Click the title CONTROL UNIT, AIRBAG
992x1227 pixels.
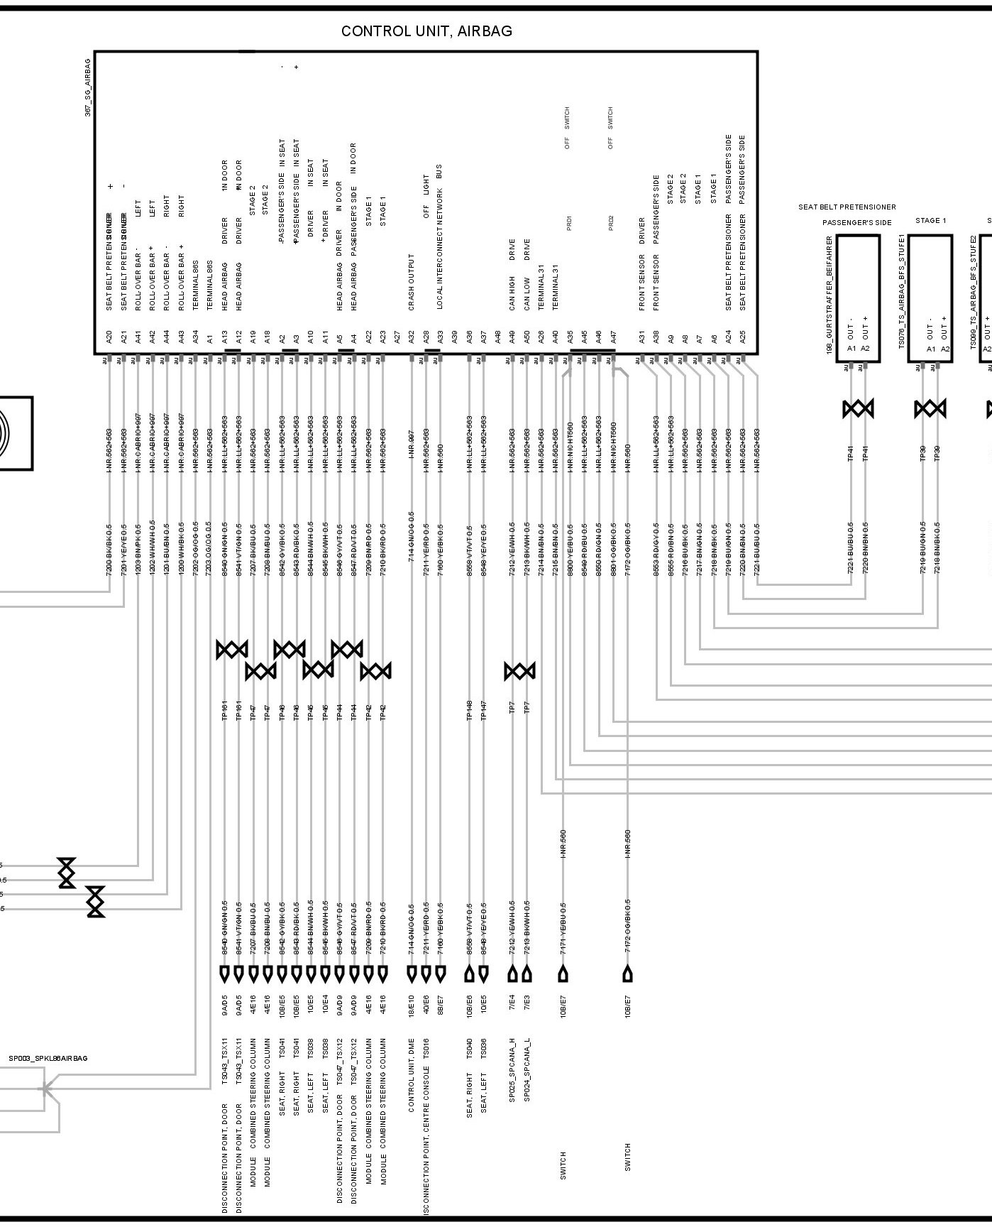(426, 31)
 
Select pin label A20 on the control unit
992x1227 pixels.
(109, 338)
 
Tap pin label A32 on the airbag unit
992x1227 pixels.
(411, 338)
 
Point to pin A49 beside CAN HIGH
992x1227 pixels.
(512, 338)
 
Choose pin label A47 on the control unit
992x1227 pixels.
(613, 338)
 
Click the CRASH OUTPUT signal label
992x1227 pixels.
(411, 282)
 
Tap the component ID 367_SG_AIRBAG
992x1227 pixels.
(88, 88)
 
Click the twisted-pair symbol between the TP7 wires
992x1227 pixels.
(519, 671)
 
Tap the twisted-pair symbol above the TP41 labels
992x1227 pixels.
(858, 409)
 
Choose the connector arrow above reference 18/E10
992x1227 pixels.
(411, 974)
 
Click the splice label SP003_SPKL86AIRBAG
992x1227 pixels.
(48, 1059)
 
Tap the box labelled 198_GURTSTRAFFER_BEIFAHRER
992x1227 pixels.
(858, 298)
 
